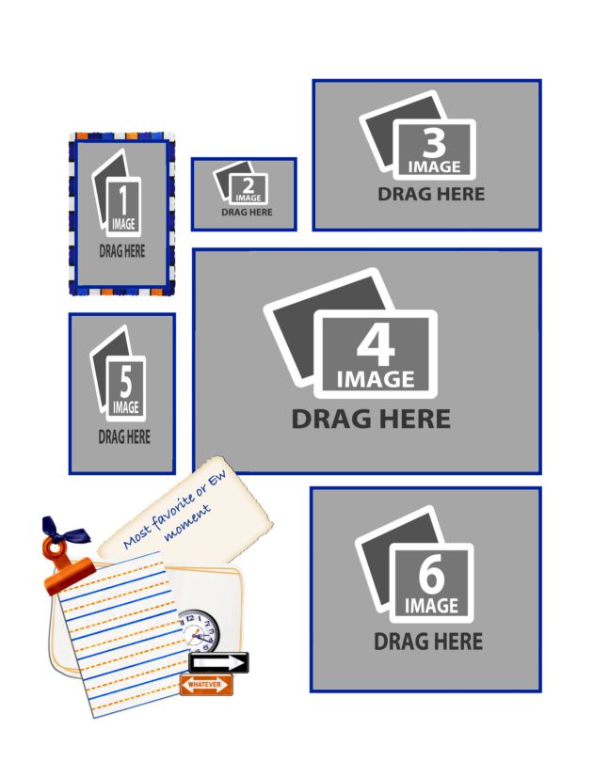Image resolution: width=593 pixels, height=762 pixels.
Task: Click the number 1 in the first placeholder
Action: click(123, 199)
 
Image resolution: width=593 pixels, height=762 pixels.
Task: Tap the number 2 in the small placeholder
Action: click(248, 185)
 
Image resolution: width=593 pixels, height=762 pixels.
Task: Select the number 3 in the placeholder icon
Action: click(434, 143)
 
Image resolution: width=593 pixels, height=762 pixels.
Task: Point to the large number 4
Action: click(376, 345)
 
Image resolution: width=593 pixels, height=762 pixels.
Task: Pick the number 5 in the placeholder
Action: click(125, 382)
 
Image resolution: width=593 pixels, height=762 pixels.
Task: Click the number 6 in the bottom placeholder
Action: click(431, 575)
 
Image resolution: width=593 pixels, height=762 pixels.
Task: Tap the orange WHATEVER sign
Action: click(206, 685)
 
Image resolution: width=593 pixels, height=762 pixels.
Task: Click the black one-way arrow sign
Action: click(218, 663)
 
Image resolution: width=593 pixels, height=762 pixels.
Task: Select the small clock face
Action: click(200, 631)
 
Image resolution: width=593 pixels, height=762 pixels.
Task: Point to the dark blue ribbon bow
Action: click(63, 531)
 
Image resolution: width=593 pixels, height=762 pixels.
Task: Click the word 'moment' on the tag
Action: click(187, 523)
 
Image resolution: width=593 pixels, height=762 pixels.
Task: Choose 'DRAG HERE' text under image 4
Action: click(371, 419)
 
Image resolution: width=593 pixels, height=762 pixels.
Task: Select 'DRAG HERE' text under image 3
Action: click(431, 195)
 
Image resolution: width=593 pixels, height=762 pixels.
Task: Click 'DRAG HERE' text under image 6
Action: click(428, 642)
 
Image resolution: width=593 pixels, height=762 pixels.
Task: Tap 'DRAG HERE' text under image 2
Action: click(247, 213)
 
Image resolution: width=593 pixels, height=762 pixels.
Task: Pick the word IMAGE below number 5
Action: click(126, 407)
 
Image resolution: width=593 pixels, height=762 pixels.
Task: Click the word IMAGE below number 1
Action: click(123, 224)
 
